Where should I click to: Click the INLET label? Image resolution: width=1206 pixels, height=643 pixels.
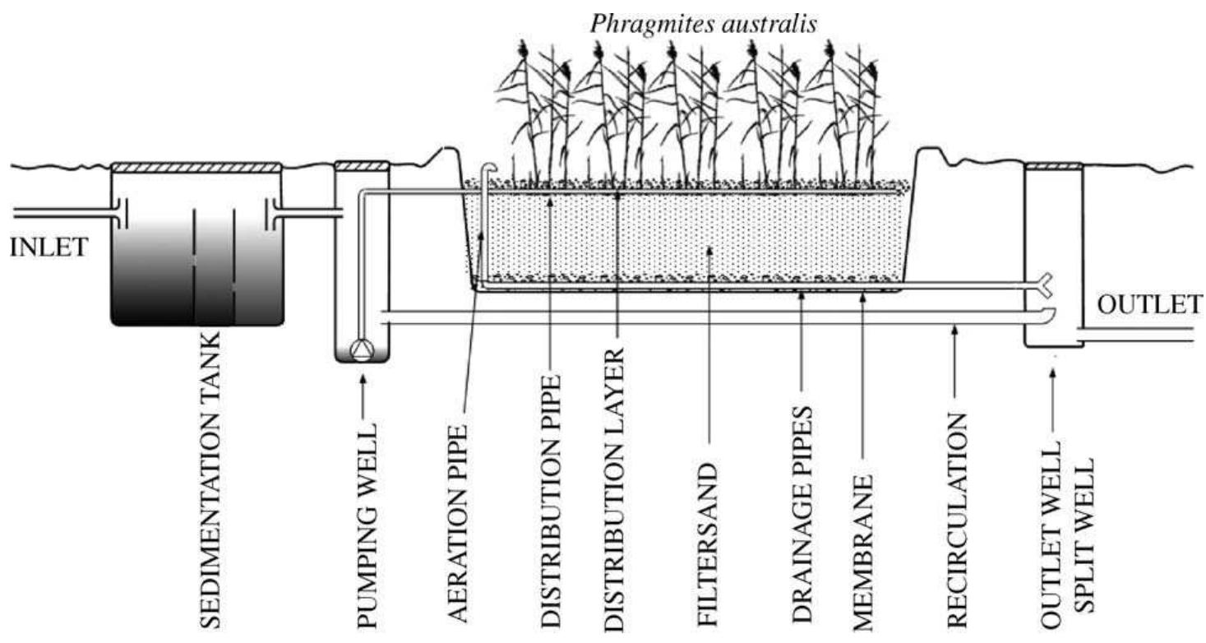click(x=47, y=247)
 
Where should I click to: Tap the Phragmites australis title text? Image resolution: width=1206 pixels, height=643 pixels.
click(x=704, y=24)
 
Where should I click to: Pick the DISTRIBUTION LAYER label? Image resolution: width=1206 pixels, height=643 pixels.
click(x=615, y=490)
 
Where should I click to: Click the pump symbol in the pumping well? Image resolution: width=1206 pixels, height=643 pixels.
click(x=361, y=349)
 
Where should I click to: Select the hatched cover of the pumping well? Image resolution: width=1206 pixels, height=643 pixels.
click(x=361, y=166)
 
